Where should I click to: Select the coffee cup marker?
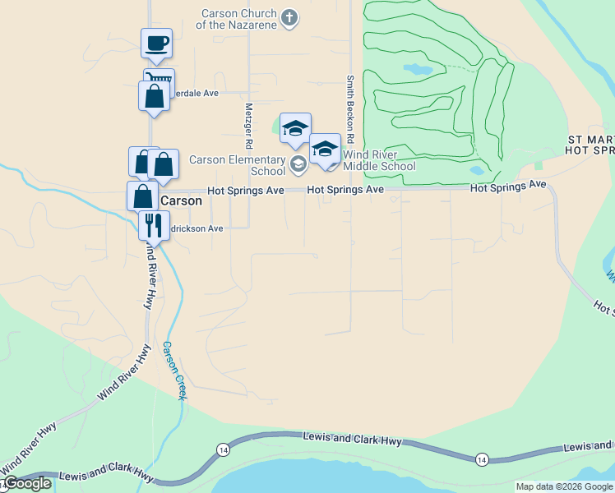click(156, 44)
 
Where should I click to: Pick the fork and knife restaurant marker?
click(153, 223)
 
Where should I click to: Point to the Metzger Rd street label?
click(247, 126)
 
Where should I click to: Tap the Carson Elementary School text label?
click(237, 165)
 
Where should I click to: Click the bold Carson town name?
click(181, 200)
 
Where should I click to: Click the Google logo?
click(26, 483)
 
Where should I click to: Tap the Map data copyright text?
click(564, 486)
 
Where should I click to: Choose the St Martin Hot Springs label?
click(591, 145)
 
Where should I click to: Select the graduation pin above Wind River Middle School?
click(326, 149)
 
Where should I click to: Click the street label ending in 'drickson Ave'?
click(192, 229)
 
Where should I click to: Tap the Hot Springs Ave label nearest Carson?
click(245, 190)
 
